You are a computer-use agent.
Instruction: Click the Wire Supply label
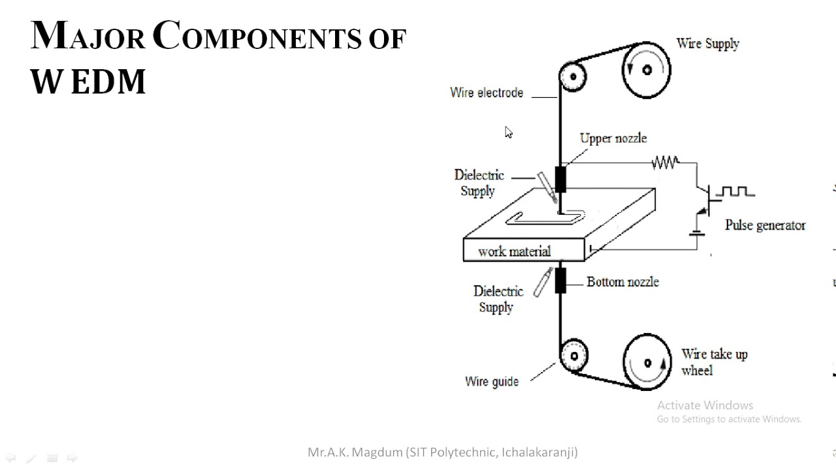[707, 44]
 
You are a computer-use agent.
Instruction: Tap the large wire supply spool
[646, 70]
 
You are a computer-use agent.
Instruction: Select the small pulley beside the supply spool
[573, 76]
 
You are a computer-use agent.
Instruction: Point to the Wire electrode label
[487, 93]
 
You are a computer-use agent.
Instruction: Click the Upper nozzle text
[613, 138]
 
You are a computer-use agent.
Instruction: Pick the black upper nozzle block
[560, 180]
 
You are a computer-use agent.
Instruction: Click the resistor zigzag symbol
[665, 163]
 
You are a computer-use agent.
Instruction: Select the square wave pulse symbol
[736, 192]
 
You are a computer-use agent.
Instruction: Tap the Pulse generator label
[765, 225]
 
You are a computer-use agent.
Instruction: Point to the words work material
[514, 251]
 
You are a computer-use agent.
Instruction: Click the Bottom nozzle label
[622, 282]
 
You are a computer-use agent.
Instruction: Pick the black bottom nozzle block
[560, 280]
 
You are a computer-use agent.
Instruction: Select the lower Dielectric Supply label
[498, 299]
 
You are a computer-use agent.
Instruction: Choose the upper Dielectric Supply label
[479, 183]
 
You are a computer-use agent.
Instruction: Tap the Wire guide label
[492, 381]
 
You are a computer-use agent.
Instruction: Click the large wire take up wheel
[647, 363]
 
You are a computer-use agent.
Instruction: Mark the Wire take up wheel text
[714, 362]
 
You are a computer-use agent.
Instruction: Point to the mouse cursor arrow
[508, 133]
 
